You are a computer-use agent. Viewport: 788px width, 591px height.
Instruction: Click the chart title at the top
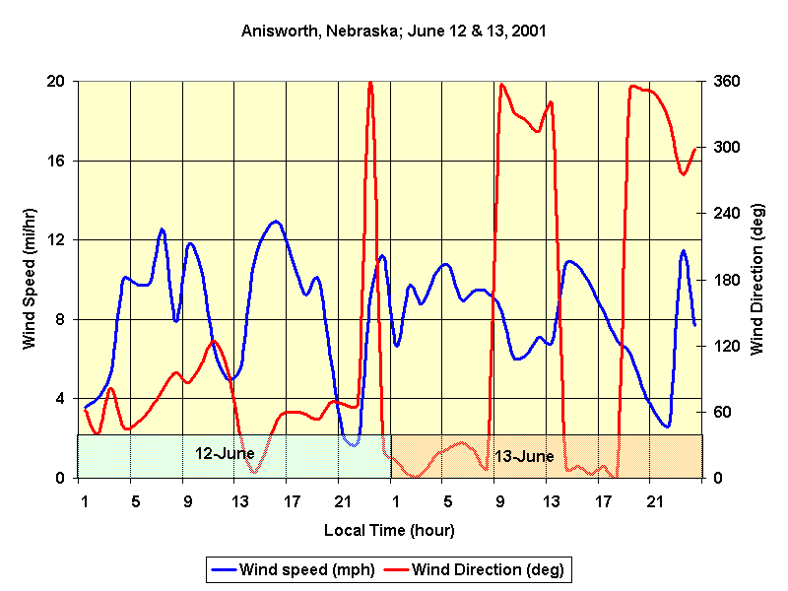coord(394,31)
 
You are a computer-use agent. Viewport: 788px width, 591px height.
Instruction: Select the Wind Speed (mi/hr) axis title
coord(30,279)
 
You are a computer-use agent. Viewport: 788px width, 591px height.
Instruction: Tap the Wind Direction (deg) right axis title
coord(756,279)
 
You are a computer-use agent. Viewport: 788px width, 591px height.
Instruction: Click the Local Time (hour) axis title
coord(389,531)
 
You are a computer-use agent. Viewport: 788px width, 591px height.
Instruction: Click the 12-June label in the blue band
coord(225,454)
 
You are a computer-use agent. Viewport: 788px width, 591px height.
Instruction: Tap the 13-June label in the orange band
coord(524,457)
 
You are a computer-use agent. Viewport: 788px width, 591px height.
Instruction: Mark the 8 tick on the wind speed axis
coord(62,319)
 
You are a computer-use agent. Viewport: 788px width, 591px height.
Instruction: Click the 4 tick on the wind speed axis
coord(62,399)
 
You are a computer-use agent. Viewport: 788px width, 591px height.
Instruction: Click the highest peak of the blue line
coord(276,222)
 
